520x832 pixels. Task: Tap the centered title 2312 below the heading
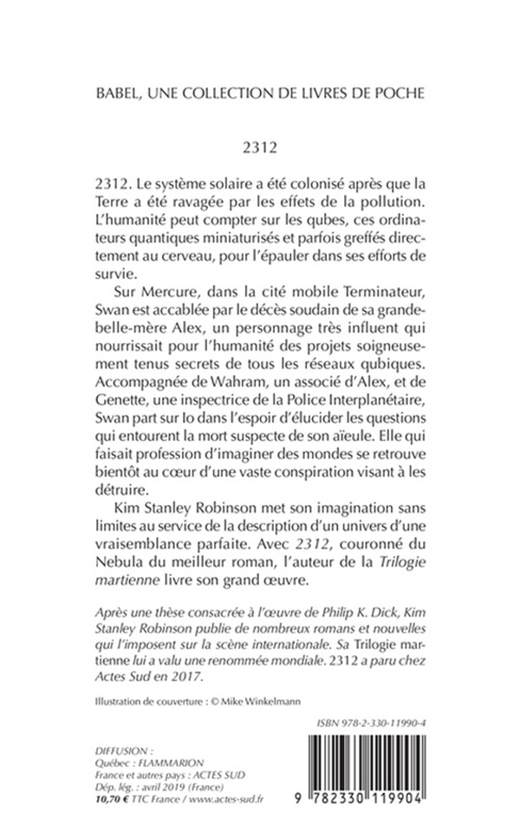[x=260, y=146]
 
